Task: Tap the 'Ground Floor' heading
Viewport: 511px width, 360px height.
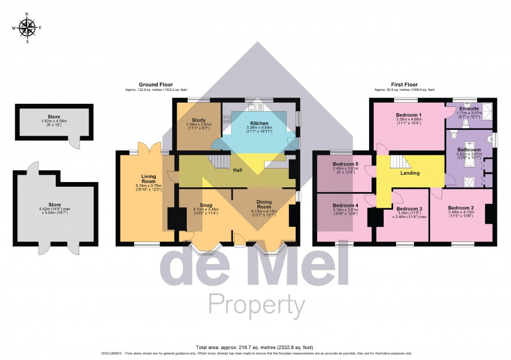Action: (x=155, y=85)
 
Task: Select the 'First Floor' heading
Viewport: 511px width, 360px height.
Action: (x=404, y=85)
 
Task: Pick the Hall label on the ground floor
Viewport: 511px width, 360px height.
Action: (x=238, y=170)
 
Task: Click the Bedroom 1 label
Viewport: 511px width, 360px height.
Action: (x=408, y=115)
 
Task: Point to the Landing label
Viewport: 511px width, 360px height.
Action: (x=410, y=173)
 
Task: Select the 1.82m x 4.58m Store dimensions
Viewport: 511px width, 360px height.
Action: (x=54, y=123)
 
